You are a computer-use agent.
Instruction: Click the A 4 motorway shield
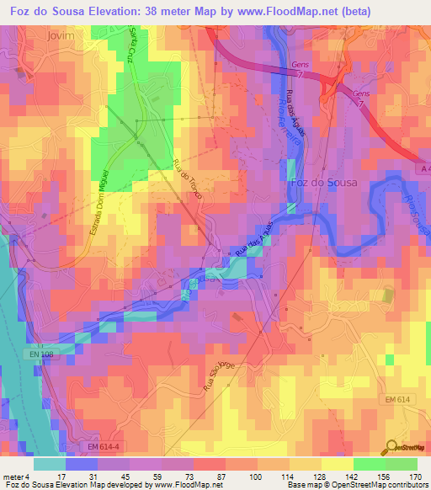pyautogui.click(x=423, y=169)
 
